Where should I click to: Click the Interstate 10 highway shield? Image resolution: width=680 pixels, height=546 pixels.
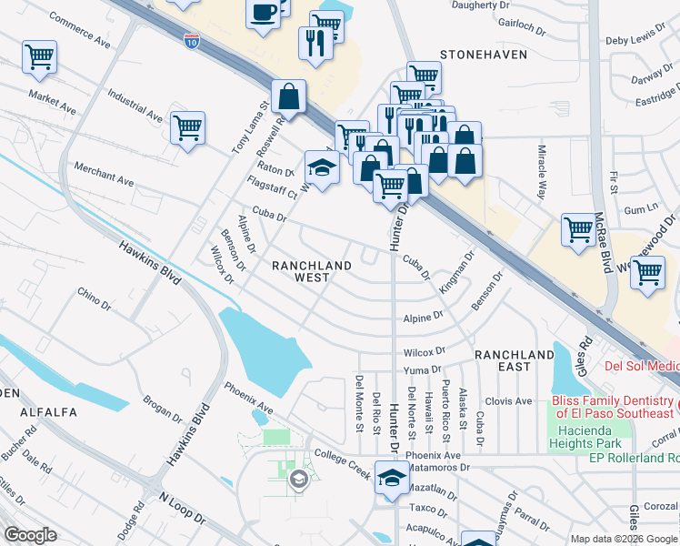tap(191, 41)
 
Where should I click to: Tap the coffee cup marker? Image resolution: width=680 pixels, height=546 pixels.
tap(264, 13)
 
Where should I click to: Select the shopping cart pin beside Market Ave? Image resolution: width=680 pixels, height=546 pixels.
tap(39, 57)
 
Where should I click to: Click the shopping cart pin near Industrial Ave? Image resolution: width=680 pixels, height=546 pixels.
tap(187, 127)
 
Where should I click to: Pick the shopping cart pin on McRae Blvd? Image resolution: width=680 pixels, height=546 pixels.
tap(579, 229)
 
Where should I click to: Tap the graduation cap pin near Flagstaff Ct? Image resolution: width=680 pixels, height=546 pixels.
tap(321, 167)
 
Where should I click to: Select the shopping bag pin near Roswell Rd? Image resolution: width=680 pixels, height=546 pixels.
tap(288, 96)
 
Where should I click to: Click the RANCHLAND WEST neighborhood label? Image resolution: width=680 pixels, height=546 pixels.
tap(312, 271)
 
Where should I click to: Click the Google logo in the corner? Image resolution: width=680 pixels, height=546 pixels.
tap(30, 534)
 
